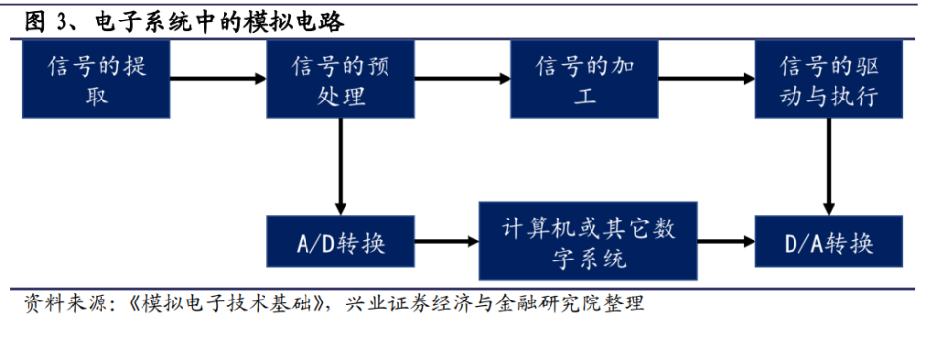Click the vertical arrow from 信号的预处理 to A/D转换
pyautogui.click(x=341, y=166)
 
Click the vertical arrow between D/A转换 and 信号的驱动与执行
pyautogui.click(x=828, y=166)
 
